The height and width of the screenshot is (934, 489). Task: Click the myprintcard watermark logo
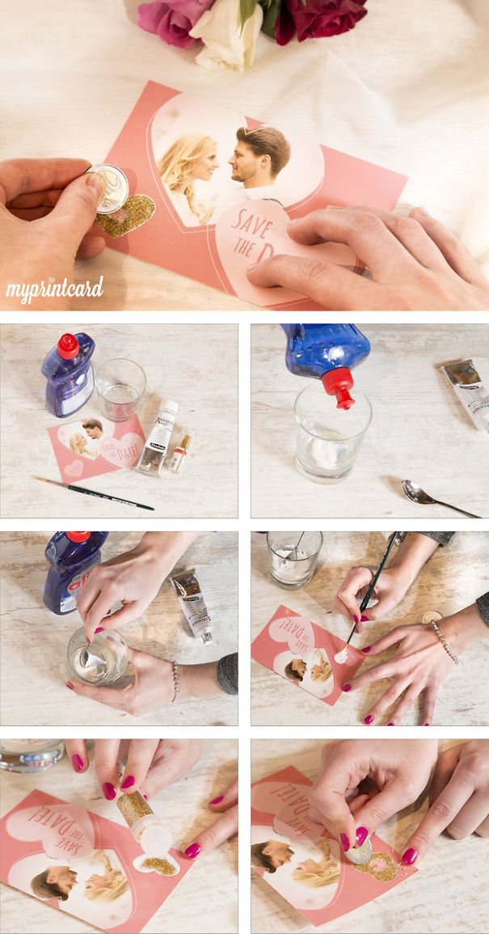55,289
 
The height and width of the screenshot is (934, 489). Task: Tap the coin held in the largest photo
108,188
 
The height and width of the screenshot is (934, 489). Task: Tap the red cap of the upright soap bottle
68,346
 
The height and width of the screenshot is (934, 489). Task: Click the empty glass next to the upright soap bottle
120,389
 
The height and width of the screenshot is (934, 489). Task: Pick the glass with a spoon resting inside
294,558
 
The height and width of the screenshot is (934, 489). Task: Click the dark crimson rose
319,18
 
